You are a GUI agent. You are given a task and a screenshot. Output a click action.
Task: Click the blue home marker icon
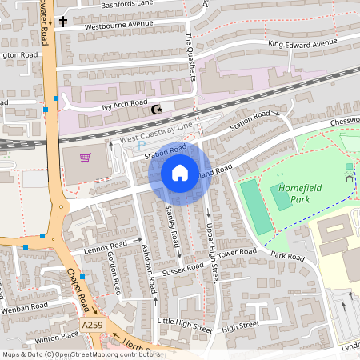(x=180, y=173)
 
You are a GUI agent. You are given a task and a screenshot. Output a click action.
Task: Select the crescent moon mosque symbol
(x=157, y=110)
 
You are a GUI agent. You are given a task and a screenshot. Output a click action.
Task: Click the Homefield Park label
(x=289, y=193)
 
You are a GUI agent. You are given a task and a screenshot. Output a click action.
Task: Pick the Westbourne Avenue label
(x=118, y=23)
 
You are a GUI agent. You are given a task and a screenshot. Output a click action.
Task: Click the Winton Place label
(x=58, y=336)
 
